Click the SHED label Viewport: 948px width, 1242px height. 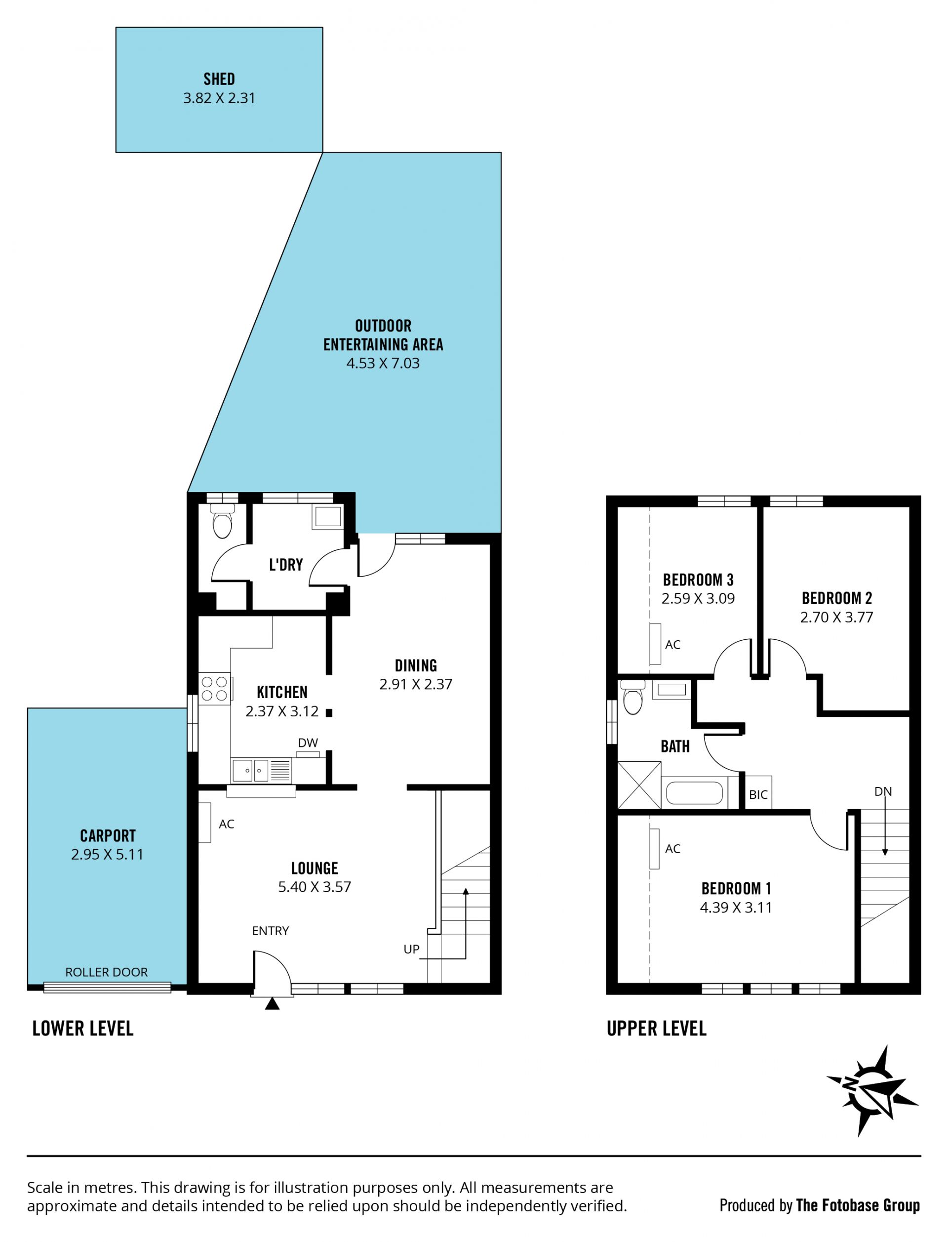(x=219, y=79)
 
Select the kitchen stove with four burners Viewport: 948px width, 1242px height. (x=214, y=689)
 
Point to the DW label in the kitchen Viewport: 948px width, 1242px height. (x=308, y=743)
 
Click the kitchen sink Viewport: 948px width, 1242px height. (x=250, y=770)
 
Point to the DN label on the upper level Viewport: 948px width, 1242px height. (x=883, y=791)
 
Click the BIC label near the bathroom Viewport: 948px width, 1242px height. (x=758, y=795)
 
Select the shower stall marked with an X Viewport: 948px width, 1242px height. (x=639, y=785)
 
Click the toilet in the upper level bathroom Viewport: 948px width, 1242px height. (x=633, y=697)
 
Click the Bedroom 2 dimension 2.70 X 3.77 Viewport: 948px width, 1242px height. (x=837, y=617)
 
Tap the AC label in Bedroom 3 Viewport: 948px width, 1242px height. (x=672, y=645)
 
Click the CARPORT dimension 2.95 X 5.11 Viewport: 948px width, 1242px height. (x=107, y=854)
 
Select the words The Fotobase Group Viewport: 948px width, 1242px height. (x=858, y=1205)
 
